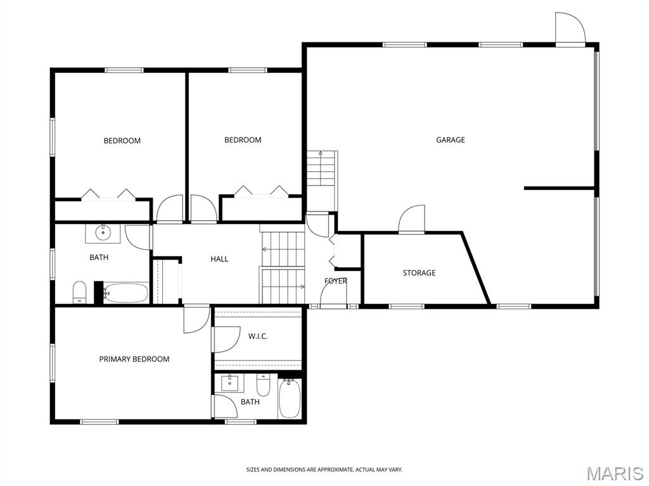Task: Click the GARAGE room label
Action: click(x=451, y=140)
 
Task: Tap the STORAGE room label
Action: click(x=419, y=273)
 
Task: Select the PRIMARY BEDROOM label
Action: click(x=134, y=359)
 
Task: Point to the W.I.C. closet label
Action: click(x=258, y=337)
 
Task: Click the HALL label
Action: click(x=219, y=259)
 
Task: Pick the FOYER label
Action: click(x=336, y=281)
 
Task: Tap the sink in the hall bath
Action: click(x=103, y=233)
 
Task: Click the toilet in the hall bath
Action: click(x=79, y=292)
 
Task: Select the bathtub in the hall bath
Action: click(x=125, y=292)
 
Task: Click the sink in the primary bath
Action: click(x=229, y=383)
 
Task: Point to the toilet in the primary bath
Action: click(x=263, y=385)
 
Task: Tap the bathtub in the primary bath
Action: click(x=289, y=399)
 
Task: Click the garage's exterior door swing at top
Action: click(x=570, y=27)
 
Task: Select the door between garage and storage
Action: click(x=411, y=220)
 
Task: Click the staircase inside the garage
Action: click(x=321, y=182)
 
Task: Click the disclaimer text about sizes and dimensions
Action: click(x=324, y=470)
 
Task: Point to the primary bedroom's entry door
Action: click(x=196, y=319)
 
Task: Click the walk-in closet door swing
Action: click(x=226, y=339)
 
